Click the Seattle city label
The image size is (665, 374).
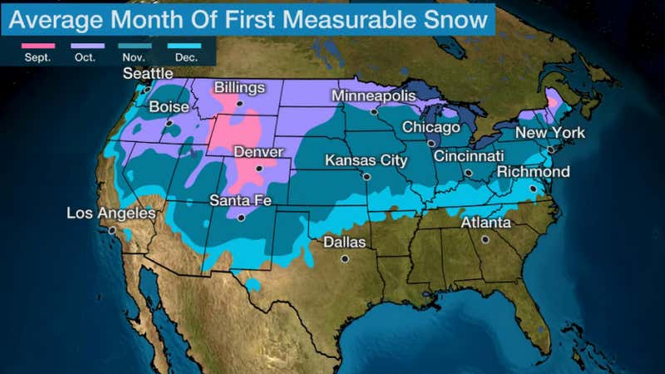[148, 74]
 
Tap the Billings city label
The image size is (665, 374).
[239, 88]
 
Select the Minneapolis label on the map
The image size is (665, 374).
[373, 96]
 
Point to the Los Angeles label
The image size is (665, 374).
[111, 214]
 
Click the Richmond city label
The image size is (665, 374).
[533, 172]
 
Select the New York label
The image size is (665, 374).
[549, 133]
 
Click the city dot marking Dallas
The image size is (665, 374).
[344, 258]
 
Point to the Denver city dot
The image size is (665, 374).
[259, 168]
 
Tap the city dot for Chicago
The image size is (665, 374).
[431, 143]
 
